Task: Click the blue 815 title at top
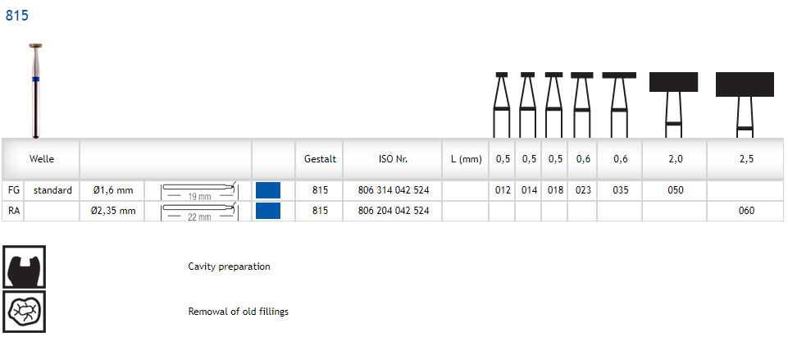click(x=17, y=16)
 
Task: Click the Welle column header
click(x=42, y=159)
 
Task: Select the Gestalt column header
click(x=320, y=159)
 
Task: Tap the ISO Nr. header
click(x=394, y=159)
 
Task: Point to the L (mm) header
click(x=467, y=159)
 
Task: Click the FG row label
click(x=14, y=190)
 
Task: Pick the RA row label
click(x=14, y=211)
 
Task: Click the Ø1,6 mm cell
click(x=113, y=190)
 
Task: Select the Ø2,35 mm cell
click(x=113, y=211)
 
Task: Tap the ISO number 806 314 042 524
click(x=394, y=190)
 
